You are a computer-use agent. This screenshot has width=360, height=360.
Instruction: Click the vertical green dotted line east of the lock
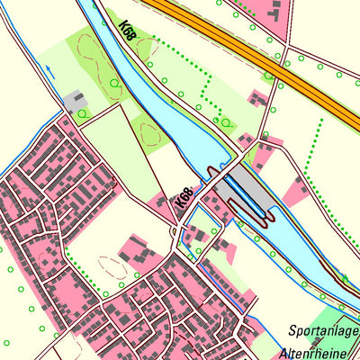(310, 148)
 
